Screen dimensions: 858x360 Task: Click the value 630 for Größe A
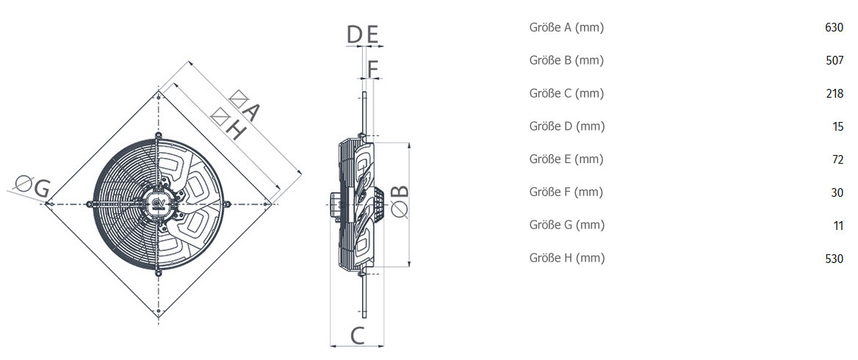[834, 28]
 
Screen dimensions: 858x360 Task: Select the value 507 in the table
[834, 61]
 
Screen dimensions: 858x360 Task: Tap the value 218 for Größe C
[834, 93]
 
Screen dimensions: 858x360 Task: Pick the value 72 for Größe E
[837, 159]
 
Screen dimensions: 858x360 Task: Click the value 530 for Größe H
[834, 258]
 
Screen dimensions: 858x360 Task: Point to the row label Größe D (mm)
[567, 126]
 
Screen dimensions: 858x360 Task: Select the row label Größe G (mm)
[567, 225]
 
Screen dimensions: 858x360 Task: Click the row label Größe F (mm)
[566, 192]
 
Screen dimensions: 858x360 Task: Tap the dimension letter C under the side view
[357, 335]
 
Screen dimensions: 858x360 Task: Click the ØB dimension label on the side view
[400, 201]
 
